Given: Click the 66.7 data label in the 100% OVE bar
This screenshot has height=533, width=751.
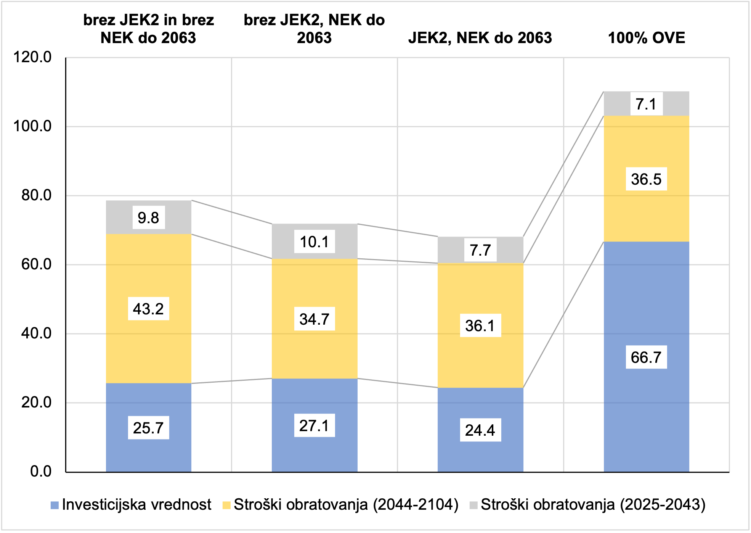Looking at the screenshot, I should point(646,357).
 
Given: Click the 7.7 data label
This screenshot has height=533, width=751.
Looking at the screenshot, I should point(480,250).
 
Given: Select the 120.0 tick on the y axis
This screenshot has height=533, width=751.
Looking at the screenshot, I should point(32,57).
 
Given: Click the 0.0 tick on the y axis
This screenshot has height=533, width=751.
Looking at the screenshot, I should point(41,472).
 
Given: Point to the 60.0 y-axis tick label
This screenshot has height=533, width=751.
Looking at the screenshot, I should point(36,264).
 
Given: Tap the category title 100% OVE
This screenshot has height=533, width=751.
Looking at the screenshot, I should point(647,38).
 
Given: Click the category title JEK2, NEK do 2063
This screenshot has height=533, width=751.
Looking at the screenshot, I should point(480,38).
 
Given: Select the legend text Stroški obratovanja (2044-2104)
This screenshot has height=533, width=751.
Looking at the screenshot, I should point(346,505).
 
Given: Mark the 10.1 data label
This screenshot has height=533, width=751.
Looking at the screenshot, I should point(314,242).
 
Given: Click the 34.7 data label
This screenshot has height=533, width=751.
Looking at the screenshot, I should point(314,319).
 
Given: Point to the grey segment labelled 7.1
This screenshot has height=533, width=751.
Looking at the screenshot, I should point(618,104).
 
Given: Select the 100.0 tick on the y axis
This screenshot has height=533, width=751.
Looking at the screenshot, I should point(32,126).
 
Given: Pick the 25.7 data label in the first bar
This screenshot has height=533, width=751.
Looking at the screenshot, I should point(148,428).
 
